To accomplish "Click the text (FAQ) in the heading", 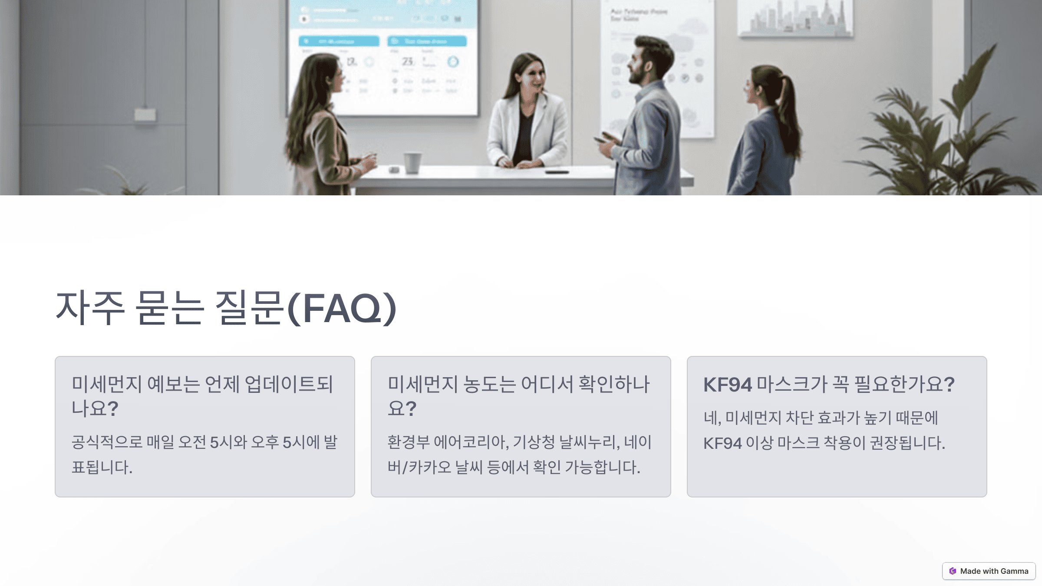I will pyautogui.click(x=342, y=309).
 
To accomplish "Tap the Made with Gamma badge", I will pyautogui.click(x=989, y=571).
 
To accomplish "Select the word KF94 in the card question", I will pyautogui.click(x=727, y=385).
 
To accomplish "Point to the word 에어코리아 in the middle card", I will pyautogui.click(x=471, y=442).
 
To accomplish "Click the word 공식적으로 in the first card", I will pyautogui.click(x=107, y=442).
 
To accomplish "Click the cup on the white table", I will pyautogui.click(x=412, y=162).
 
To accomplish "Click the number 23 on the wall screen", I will pyautogui.click(x=407, y=62).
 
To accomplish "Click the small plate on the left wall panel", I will pyautogui.click(x=145, y=115).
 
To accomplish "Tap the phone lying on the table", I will pyautogui.click(x=557, y=172).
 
